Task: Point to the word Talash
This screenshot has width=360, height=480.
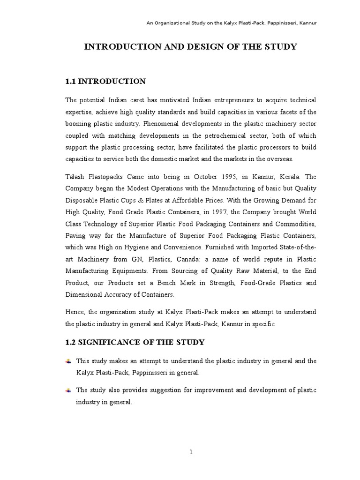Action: [75, 177]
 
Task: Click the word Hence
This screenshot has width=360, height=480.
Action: [75, 312]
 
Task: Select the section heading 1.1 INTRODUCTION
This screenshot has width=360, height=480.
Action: [105, 82]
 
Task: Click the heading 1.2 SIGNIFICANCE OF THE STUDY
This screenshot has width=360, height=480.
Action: [135, 342]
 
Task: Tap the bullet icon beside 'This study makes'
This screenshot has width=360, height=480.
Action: [68, 361]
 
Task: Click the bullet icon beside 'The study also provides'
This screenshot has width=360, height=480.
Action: [68, 390]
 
